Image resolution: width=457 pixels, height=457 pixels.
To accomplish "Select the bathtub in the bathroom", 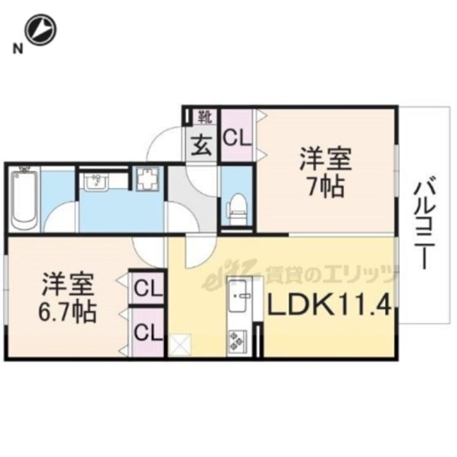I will [25, 199].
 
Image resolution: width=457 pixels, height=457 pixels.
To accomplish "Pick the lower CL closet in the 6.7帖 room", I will [148, 331].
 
